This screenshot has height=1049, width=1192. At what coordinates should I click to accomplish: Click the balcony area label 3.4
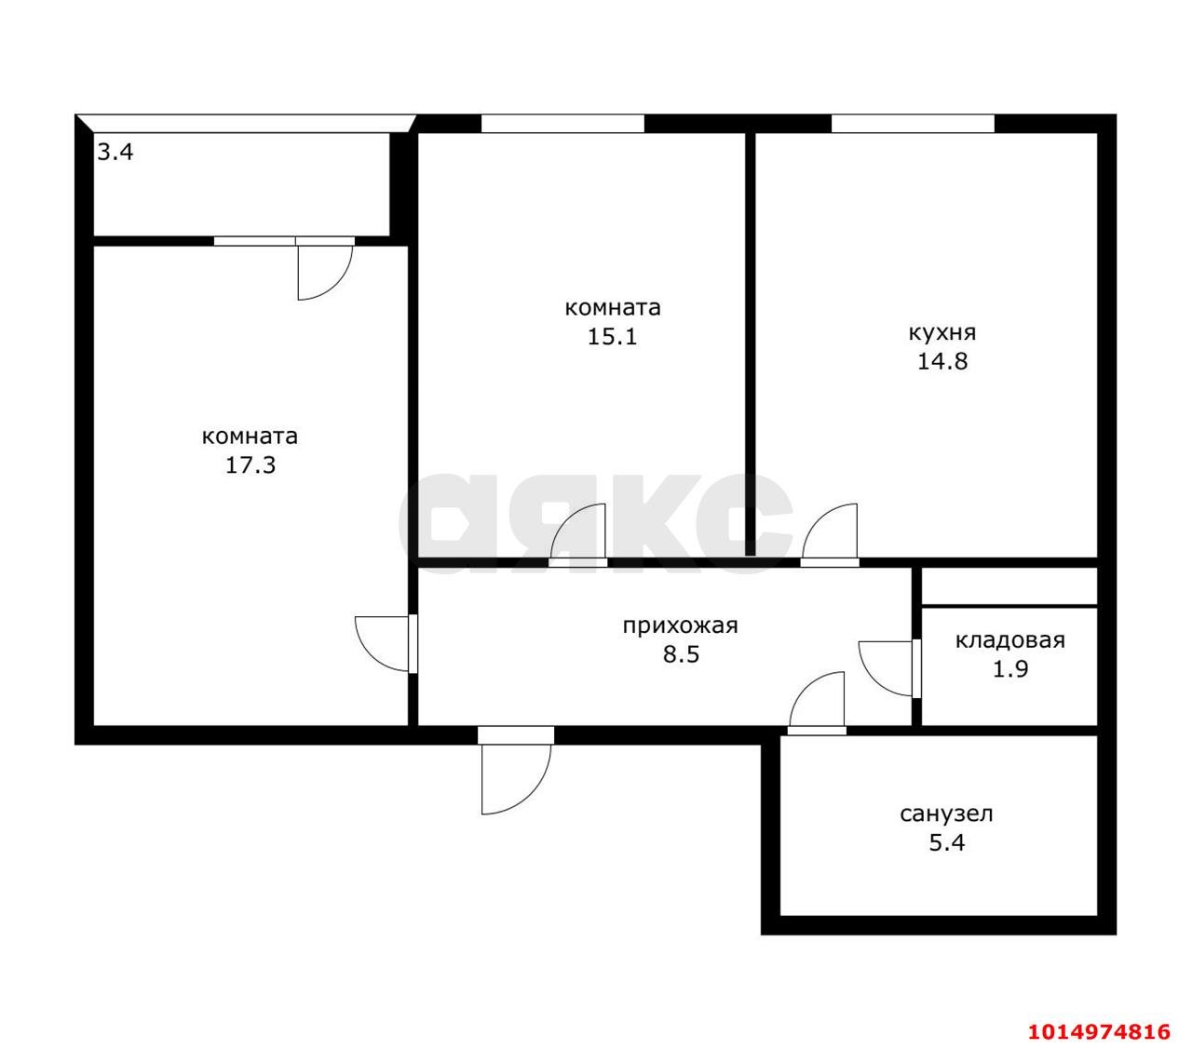point(115,153)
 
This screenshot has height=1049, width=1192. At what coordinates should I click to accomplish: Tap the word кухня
point(941,333)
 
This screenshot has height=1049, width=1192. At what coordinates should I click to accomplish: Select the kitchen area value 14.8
point(941,361)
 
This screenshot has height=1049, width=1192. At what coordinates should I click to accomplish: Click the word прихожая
point(680,625)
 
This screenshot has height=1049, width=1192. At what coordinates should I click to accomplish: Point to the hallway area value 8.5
point(681,653)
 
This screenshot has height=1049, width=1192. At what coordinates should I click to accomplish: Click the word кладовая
point(1010,639)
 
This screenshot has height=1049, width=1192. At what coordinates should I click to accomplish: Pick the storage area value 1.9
point(1010,668)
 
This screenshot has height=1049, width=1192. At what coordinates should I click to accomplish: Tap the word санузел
point(946,814)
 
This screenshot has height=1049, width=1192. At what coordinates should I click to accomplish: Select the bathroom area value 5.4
point(947,842)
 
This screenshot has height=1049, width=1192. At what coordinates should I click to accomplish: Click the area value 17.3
point(251,465)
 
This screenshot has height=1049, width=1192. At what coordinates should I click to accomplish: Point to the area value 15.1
point(613,337)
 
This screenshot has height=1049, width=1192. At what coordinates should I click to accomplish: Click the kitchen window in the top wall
point(913,124)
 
